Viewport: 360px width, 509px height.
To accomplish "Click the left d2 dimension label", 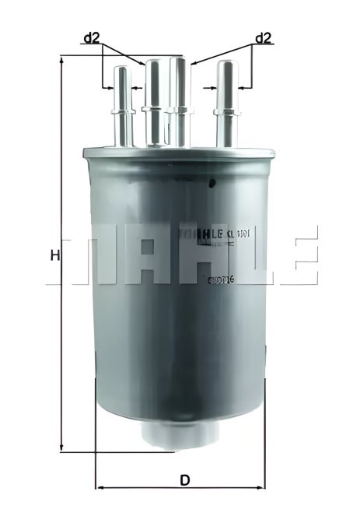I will pos(92,37).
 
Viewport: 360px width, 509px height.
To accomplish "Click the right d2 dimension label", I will pos(263,37).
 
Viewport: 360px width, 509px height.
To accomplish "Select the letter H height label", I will pos(54,254).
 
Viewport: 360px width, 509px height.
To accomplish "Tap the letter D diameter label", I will pos(184,479).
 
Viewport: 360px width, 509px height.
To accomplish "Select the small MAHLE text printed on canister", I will pos(204,233).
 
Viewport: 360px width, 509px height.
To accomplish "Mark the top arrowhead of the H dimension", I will pos(61,60).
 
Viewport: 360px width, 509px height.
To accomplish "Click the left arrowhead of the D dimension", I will pos(99,488).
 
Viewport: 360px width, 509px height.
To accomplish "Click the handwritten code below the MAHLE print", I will pos(222,279).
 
